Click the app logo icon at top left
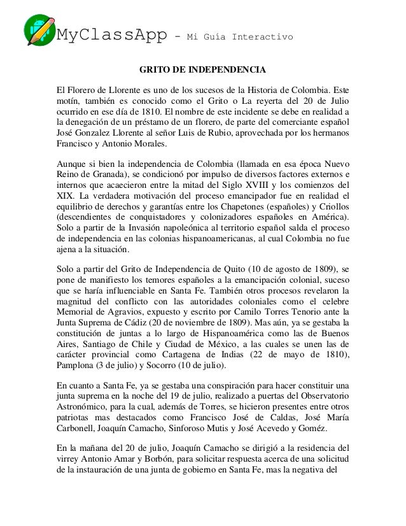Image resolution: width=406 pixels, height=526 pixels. [x=40, y=30]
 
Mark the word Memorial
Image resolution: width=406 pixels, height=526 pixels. [x=78, y=312]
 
